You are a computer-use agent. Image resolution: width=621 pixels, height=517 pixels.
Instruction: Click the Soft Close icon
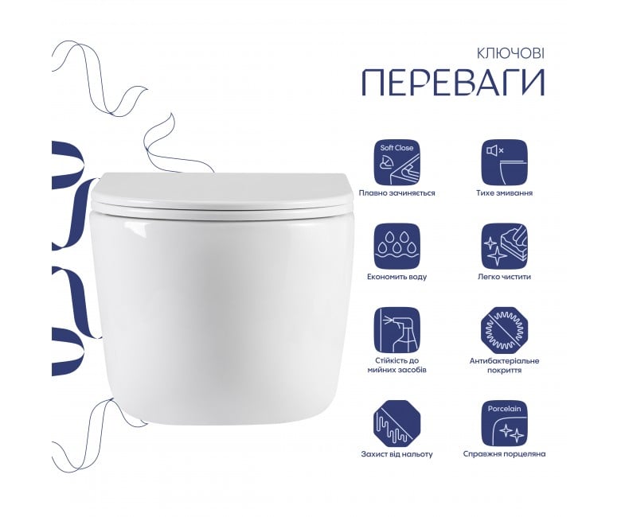[x=396, y=162]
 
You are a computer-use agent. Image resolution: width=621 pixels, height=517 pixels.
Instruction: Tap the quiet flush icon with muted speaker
[x=505, y=162]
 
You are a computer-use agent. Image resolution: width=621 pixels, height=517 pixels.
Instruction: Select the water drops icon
[x=396, y=246]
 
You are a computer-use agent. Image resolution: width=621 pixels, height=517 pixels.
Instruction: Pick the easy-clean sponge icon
[x=505, y=246]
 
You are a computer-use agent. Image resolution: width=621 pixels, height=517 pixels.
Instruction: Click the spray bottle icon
[x=396, y=330]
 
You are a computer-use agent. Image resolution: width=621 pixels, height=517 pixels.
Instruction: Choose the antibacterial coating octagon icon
[x=505, y=330]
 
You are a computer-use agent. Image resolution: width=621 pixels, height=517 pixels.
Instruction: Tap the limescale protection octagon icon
[x=396, y=424]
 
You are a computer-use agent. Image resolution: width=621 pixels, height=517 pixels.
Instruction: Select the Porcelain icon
[x=505, y=424]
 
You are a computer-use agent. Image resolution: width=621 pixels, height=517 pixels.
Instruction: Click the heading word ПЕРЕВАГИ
[x=454, y=83]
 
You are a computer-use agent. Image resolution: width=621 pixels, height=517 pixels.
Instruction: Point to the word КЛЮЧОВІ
[x=510, y=53]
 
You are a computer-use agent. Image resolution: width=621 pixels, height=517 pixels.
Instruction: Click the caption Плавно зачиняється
[x=396, y=193]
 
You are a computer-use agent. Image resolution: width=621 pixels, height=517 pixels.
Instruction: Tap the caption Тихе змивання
[x=505, y=193]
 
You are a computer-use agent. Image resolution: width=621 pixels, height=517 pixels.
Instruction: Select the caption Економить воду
[x=396, y=277]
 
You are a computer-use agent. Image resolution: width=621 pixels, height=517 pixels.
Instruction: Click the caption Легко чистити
[x=504, y=277]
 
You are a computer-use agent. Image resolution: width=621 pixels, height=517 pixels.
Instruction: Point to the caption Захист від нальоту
[x=396, y=454]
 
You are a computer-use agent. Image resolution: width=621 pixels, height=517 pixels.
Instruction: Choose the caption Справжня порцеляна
[x=505, y=453]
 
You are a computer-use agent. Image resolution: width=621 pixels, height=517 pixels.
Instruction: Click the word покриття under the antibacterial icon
[x=505, y=371]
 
